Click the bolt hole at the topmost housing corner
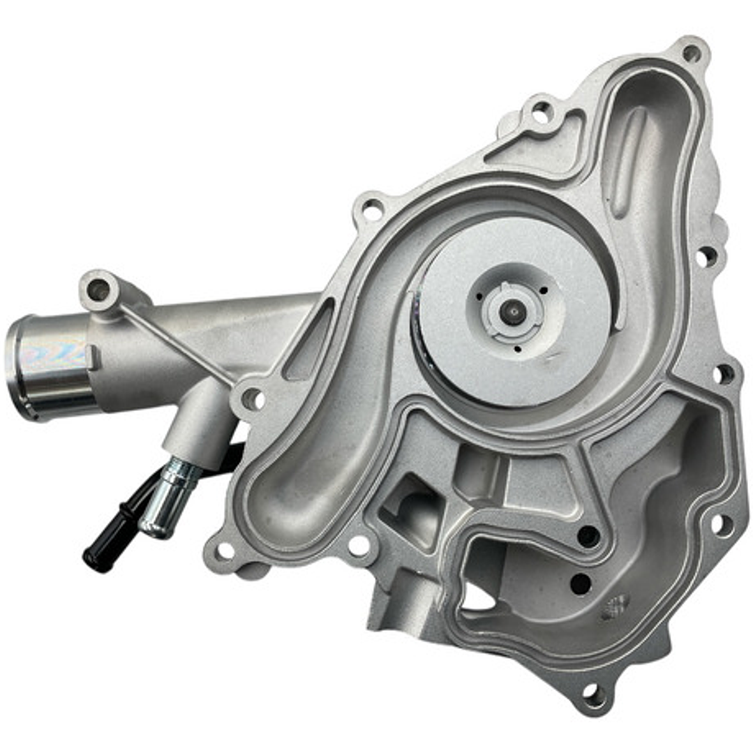pos(691,52)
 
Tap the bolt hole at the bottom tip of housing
pos(593,694)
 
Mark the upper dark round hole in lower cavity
pos(588,536)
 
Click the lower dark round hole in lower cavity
pos(581,583)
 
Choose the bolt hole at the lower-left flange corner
pos(225,551)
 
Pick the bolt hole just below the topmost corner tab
pos(542,110)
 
